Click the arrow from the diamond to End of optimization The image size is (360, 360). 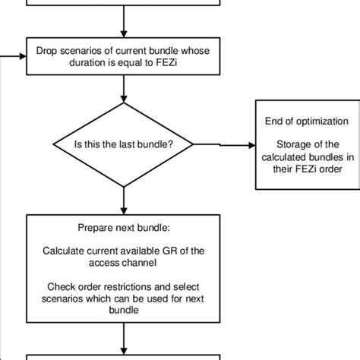pos(220,144)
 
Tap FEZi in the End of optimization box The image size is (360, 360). pos(304,169)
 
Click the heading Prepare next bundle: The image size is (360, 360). pos(123,227)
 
